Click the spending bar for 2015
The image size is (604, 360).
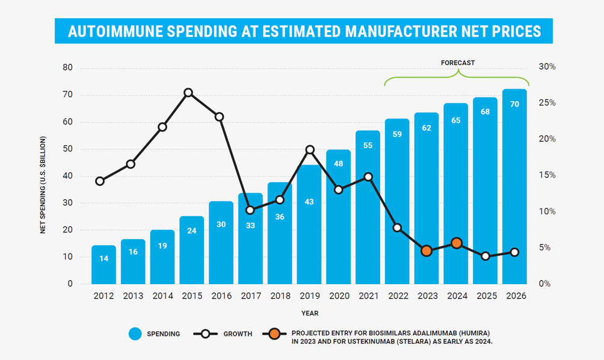(x=192, y=250)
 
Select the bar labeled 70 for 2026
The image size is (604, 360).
(x=514, y=187)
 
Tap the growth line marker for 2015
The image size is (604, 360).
(x=188, y=93)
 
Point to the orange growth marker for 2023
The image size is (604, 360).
(x=427, y=251)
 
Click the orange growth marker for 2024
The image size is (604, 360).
(x=457, y=243)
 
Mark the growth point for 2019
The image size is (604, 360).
(x=310, y=149)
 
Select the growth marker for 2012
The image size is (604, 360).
(x=100, y=181)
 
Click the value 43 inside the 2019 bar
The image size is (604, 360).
(x=309, y=202)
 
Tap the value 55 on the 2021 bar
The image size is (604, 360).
(x=368, y=145)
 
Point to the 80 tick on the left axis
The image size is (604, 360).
(x=67, y=68)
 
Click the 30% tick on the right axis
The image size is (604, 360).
(x=547, y=67)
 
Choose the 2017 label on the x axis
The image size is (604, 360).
(x=251, y=296)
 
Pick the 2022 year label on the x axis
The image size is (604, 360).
(x=398, y=296)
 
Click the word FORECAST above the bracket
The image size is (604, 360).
(x=458, y=63)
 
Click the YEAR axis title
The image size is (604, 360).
(x=310, y=313)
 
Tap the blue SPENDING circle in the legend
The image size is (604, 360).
(x=136, y=334)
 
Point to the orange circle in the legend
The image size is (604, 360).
(x=275, y=334)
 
